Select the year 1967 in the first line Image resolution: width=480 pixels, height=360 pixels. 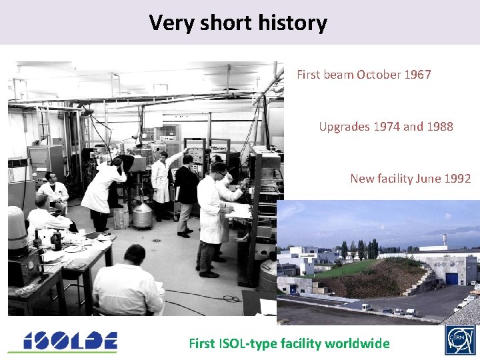point(417,75)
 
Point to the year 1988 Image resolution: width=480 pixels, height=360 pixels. point(440,126)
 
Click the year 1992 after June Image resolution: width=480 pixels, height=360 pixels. point(457,178)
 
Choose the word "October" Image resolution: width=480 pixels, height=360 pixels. point(379,75)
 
